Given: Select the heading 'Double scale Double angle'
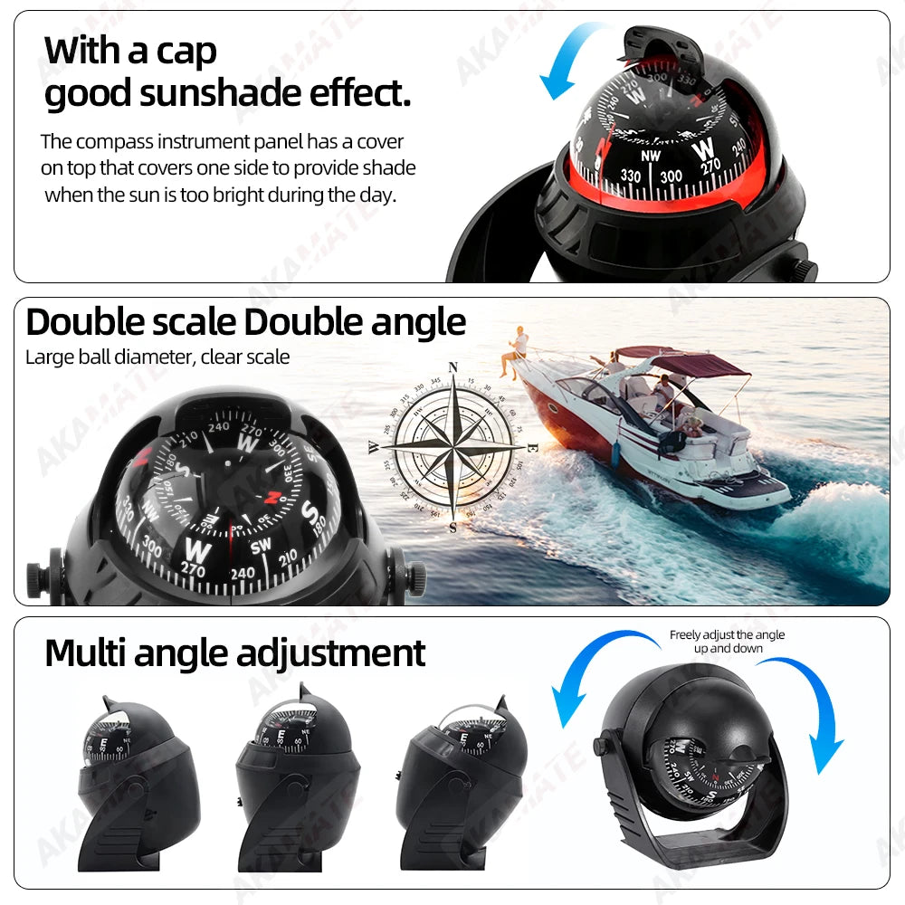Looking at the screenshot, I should coord(245,322).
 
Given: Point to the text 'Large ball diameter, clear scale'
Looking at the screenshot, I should coord(157,357).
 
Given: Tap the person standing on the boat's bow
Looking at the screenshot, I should coord(519,351).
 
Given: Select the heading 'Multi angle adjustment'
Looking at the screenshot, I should coord(234,653).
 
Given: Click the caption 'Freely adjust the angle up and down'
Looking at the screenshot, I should coord(727,642).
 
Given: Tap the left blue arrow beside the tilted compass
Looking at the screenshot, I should coord(588,679).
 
